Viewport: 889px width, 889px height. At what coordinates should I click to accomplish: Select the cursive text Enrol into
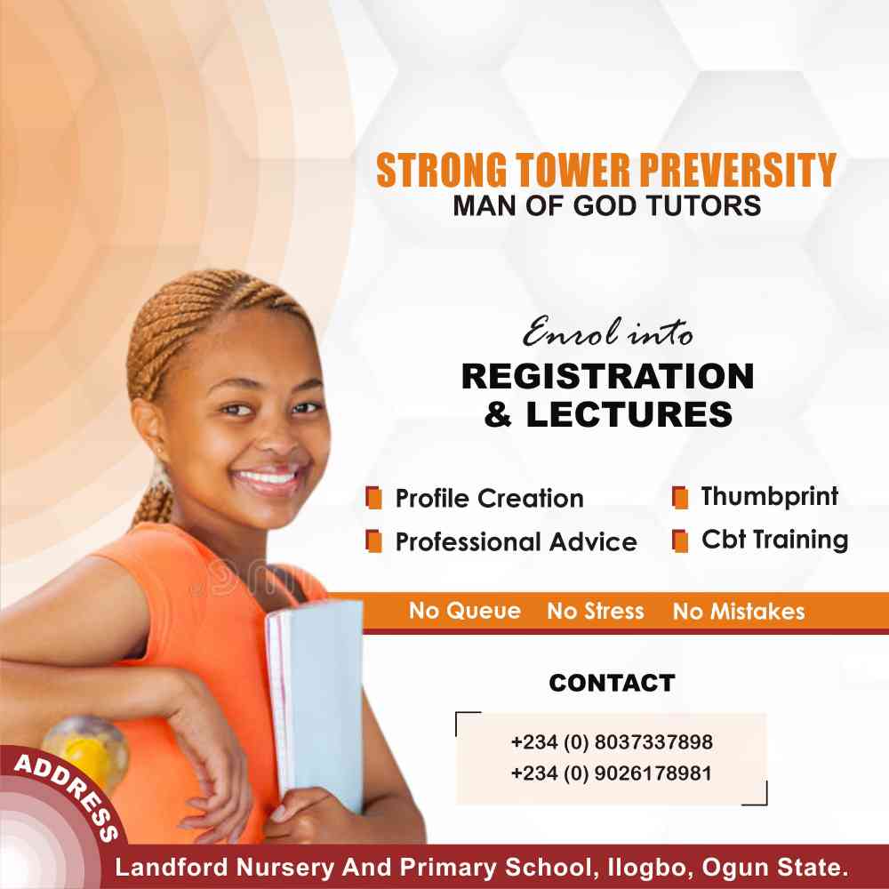[607, 332]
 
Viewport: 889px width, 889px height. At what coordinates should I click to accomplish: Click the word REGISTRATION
[607, 376]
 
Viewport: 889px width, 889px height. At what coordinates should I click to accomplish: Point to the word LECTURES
[629, 414]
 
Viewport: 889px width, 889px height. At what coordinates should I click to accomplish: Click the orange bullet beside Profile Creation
[373, 498]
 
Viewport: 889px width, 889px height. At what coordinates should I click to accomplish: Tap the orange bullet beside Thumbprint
[680, 497]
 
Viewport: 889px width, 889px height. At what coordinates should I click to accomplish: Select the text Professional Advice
[516, 541]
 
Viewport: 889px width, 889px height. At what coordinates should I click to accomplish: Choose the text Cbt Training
[774, 540]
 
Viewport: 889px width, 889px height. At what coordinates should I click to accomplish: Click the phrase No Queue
[465, 611]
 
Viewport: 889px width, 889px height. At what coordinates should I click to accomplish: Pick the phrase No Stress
[596, 611]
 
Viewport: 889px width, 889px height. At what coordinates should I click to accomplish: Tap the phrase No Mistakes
[738, 611]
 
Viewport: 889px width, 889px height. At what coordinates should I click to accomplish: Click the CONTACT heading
[612, 683]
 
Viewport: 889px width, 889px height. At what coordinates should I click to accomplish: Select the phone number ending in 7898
[612, 741]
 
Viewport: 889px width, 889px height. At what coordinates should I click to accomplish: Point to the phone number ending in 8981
[612, 773]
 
